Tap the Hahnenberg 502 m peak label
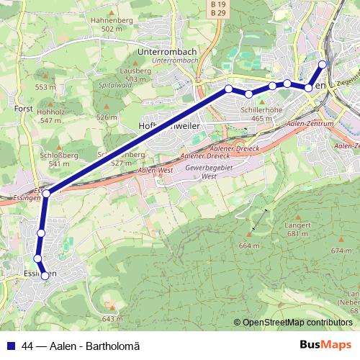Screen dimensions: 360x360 tap(108, 25)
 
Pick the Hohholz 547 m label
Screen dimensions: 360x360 tap(50, 116)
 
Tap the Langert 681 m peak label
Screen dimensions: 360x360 tap(297, 229)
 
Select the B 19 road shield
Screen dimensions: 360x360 tap(218, 5)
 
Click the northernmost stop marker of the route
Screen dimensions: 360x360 tap(323, 64)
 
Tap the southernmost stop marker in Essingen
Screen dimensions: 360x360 tap(45, 276)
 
